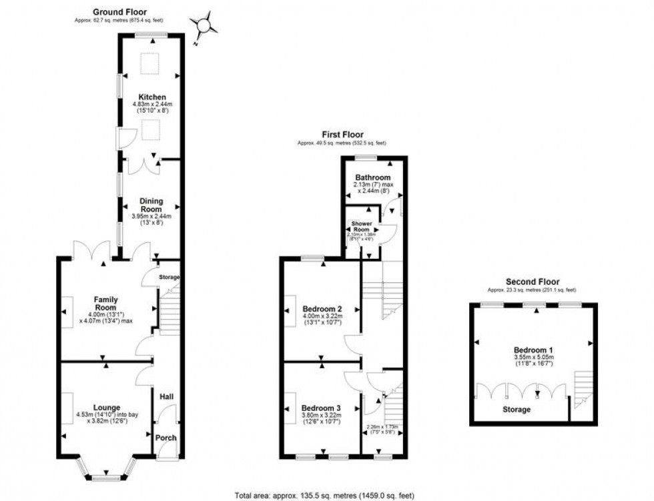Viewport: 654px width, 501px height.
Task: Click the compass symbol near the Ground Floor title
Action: pos(204,25)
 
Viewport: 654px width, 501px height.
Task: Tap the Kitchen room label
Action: pos(151,97)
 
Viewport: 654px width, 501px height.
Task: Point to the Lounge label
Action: pos(107,408)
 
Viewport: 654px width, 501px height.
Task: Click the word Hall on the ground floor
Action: pos(166,397)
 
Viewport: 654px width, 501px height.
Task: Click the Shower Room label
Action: pos(362,226)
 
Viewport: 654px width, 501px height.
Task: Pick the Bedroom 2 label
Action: pos(322,309)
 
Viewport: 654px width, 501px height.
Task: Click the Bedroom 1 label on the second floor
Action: pos(533,350)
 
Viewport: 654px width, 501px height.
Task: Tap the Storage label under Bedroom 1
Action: pos(517,410)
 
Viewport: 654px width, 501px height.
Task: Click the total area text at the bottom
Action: pos(324,495)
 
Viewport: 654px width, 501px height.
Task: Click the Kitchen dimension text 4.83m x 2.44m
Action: pos(151,105)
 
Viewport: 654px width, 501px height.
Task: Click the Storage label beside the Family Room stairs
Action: pos(170,277)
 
